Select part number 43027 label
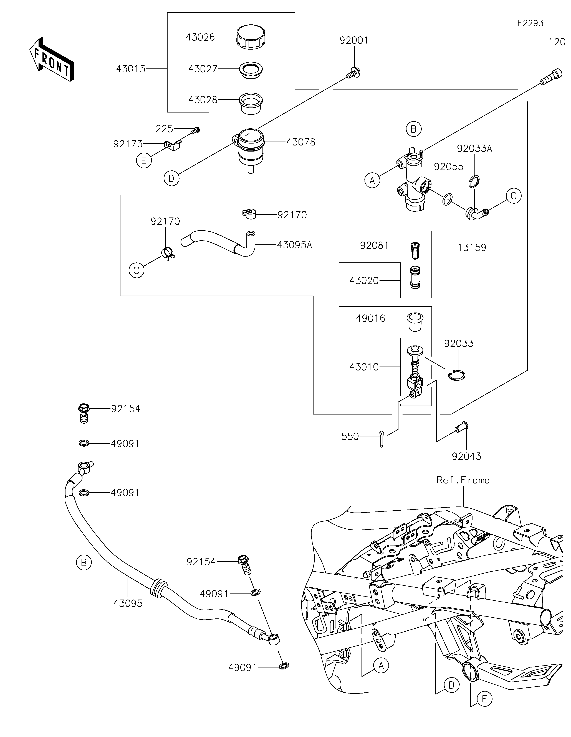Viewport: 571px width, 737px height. (203, 69)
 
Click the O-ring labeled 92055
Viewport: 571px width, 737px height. (447, 199)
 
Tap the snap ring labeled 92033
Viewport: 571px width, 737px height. (457, 375)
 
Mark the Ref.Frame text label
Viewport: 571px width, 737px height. (463, 480)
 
